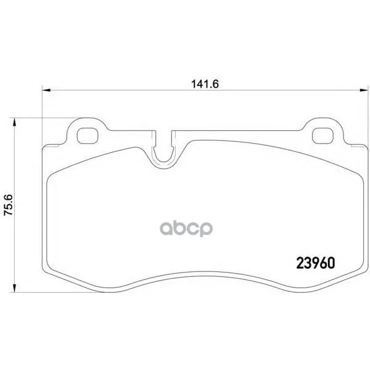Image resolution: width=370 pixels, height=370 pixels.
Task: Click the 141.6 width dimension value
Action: [x=205, y=84]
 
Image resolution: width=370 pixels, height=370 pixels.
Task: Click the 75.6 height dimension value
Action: [x=8, y=205]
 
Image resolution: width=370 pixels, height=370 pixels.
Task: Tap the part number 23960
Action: [x=316, y=263]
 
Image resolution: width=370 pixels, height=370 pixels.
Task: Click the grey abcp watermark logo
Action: [x=186, y=228]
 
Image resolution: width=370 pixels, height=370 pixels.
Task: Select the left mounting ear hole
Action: [x=88, y=136]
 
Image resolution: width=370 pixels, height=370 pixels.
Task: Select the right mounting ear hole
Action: [x=323, y=136]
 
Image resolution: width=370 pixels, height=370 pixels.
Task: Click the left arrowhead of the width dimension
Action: [x=46, y=90]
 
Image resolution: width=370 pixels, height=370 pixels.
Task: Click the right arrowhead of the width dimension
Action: [x=363, y=90]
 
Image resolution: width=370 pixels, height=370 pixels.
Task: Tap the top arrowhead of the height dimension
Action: [x=15, y=122]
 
